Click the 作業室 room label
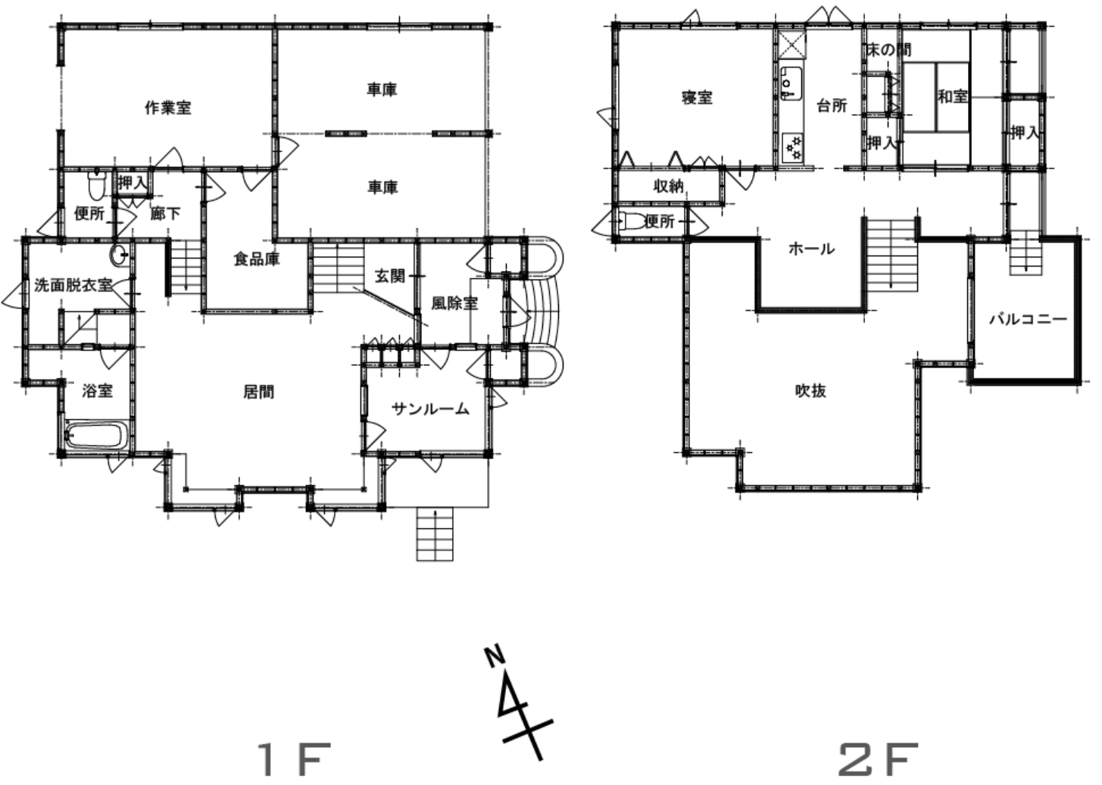click(167, 108)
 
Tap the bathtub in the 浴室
click(97, 435)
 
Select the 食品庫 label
click(257, 259)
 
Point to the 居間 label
click(259, 392)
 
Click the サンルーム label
click(430, 408)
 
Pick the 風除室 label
click(454, 303)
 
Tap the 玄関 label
click(390, 276)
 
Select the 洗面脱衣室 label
click(73, 285)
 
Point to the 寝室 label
click(697, 98)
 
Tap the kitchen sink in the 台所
click(791, 83)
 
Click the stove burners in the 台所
click(792, 147)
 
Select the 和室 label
click(953, 96)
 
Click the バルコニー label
click(1029, 320)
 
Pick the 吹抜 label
click(810, 391)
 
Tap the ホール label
click(812, 249)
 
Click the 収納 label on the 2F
click(669, 186)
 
